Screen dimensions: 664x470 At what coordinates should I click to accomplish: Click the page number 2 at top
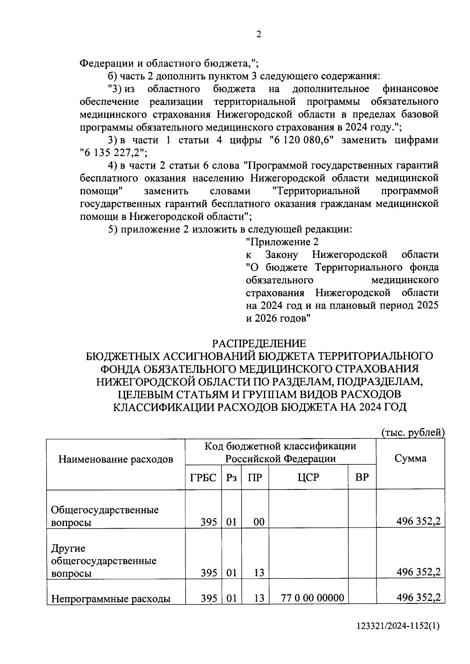click(258, 34)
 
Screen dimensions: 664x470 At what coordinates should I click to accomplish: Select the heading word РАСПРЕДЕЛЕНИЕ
click(259, 344)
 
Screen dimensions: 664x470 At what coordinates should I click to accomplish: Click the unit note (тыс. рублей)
click(413, 432)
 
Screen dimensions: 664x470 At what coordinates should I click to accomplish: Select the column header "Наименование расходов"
click(116, 459)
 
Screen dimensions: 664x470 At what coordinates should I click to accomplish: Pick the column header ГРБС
click(203, 477)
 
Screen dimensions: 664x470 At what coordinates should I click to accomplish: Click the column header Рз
click(231, 477)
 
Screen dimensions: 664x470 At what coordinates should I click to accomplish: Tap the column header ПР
click(255, 477)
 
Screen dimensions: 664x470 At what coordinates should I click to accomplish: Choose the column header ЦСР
click(308, 477)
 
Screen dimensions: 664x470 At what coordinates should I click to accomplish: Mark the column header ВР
click(362, 477)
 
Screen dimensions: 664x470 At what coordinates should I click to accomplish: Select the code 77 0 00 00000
click(313, 598)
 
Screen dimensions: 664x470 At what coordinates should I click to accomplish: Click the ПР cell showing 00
click(258, 522)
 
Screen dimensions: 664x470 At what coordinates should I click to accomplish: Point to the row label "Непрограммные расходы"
click(111, 598)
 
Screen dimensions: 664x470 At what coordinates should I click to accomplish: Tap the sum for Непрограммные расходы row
click(418, 597)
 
